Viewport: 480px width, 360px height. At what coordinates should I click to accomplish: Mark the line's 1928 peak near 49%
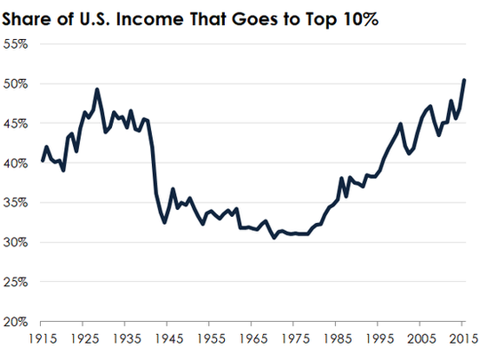pos(97,89)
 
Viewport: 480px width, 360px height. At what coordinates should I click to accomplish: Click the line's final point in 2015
pos(465,80)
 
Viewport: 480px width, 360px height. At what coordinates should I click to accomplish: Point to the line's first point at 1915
pos(42,161)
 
